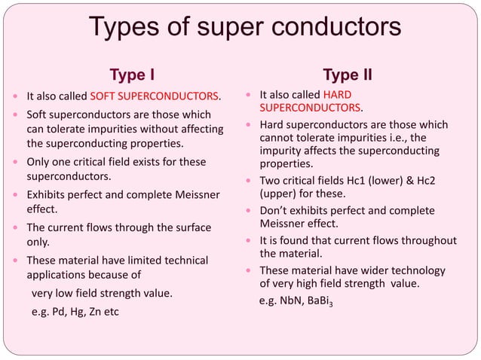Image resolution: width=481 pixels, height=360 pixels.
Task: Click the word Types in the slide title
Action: [126, 28]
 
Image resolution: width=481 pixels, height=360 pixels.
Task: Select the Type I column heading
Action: [133, 75]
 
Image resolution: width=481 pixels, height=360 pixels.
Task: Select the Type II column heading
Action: [347, 75]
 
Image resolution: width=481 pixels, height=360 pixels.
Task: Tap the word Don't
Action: [275, 211]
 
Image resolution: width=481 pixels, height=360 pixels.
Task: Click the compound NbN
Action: [291, 301]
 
